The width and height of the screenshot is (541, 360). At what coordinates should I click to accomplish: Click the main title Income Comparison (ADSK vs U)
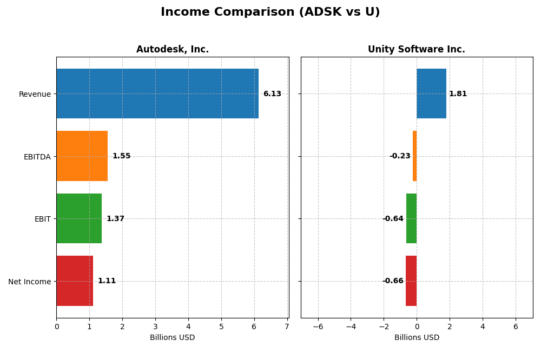point(270,12)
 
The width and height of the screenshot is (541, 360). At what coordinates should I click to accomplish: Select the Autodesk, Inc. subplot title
point(172,50)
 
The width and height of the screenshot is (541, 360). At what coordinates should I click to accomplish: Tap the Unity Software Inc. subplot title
point(416,50)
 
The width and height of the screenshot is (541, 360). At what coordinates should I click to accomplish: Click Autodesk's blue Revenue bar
point(157,94)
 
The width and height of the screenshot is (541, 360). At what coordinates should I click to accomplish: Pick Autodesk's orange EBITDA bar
point(82,156)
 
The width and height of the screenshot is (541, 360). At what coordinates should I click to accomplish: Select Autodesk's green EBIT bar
point(79,218)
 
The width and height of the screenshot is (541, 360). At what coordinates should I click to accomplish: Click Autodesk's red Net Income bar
point(75,281)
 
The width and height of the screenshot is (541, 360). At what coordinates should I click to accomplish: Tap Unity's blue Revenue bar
point(431,94)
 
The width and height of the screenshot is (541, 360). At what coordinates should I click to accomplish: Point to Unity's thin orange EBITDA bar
point(414,156)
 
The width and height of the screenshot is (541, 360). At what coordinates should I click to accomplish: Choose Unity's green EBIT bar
point(411,218)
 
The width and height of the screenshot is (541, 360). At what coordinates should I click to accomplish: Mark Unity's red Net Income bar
point(411,281)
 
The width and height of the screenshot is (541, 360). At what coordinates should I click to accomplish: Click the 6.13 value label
point(272,94)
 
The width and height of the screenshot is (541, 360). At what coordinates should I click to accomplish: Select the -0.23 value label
point(400,156)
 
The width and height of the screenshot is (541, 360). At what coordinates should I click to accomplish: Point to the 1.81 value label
point(458,94)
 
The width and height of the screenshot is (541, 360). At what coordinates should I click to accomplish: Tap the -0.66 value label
point(393,281)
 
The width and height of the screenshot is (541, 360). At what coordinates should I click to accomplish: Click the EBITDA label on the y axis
point(37,157)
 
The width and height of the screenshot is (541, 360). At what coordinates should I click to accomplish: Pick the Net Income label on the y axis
point(29,282)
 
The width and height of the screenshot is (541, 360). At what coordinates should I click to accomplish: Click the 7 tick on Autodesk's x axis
point(287,327)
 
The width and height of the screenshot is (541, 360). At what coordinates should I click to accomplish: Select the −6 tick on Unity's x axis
point(318,327)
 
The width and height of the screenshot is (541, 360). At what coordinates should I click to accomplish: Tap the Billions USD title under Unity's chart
point(417,338)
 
